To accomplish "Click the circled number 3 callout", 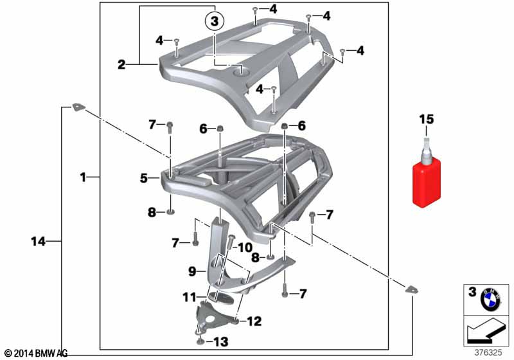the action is pyautogui.click(x=215, y=22).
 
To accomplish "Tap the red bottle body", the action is pyautogui.click(x=426, y=184).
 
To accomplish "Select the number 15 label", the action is pyautogui.click(x=426, y=120).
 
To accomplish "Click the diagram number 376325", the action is pyautogui.click(x=488, y=352).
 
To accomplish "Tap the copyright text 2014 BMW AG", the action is pyautogui.click(x=36, y=354).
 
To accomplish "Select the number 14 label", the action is pyautogui.click(x=38, y=242).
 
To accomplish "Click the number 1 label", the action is pyautogui.click(x=83, y=177).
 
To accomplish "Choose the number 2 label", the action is pyautogui.click(x=121, y=64).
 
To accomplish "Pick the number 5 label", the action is pyautogui.click(x=144, y=178).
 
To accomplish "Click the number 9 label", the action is pyautogui.click(x=192, y=271).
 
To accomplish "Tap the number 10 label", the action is pyautogui.click(x=245, y=248).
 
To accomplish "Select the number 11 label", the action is pyautogui.click(x=190, y=298).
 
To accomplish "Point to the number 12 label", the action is pyautogui.click(x=254, y=321).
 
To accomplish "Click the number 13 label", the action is pyautogui.click(x=220, y=342).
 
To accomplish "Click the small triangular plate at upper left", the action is pyautogui.click(x=78, y=107).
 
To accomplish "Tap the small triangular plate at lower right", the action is pyautogui.click(x=411, y=289).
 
